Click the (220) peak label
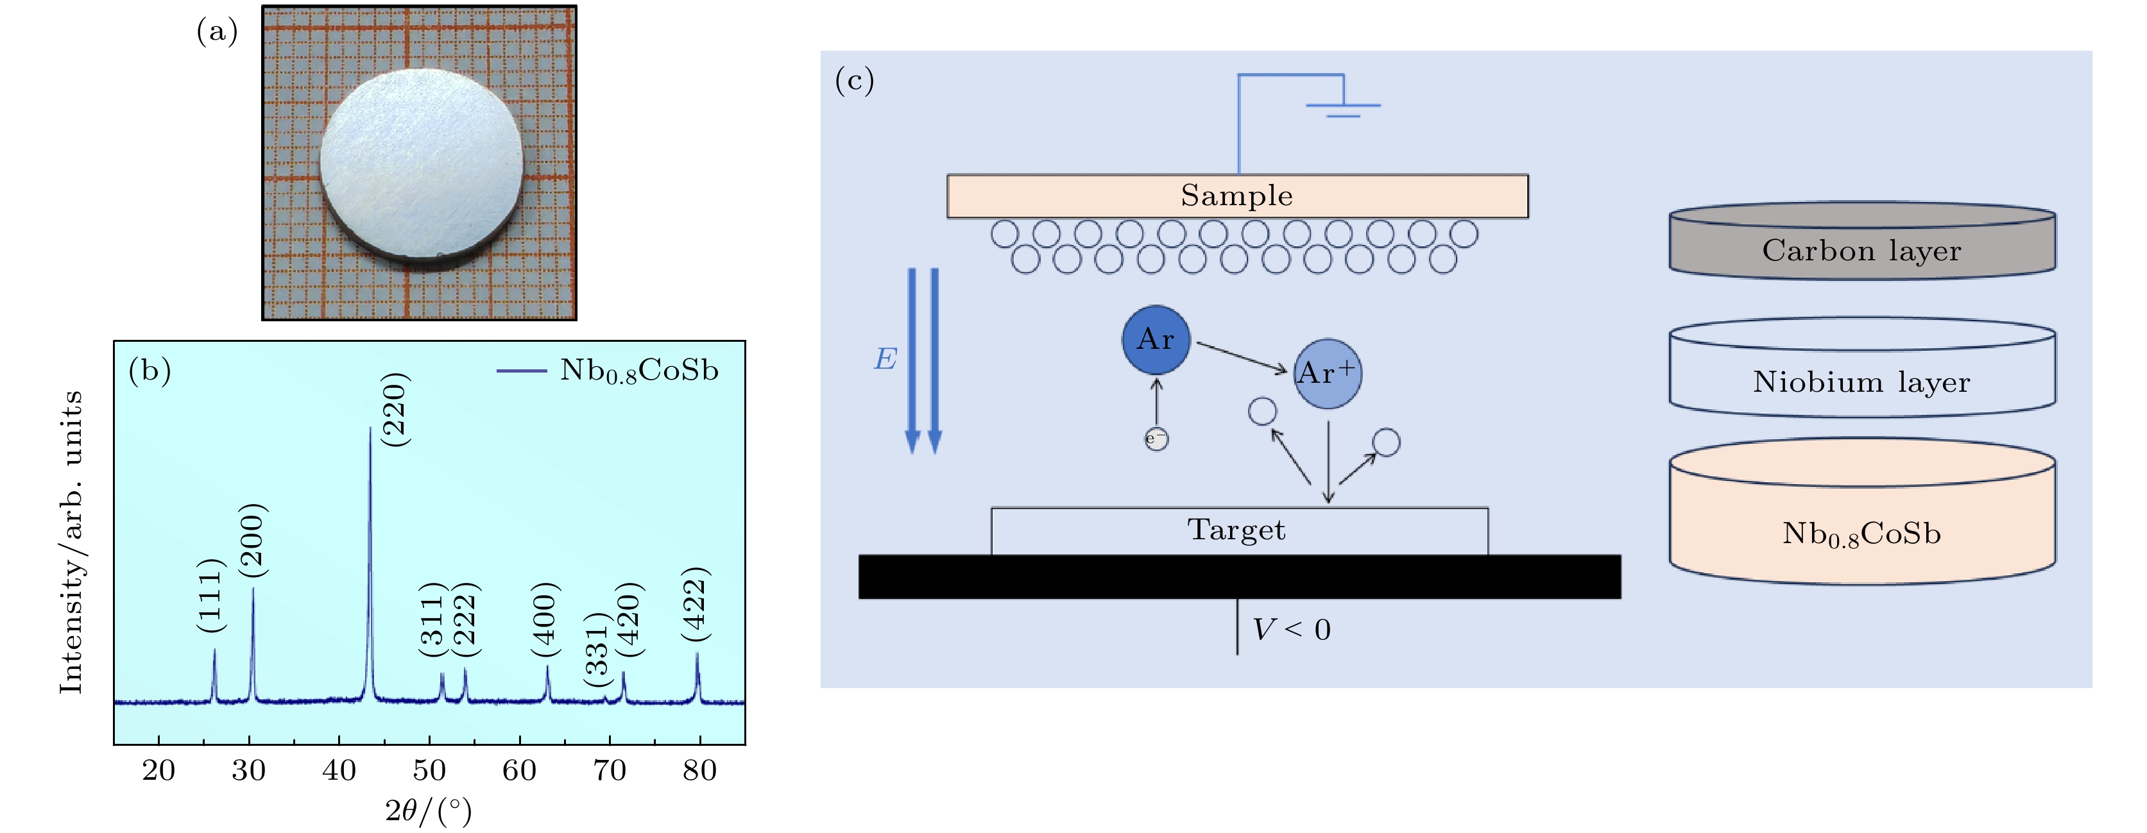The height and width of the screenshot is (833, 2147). [x=394, y=409]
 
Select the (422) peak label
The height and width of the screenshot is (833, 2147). [x=694, y=604]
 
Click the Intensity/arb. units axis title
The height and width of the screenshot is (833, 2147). [x=72, y=541]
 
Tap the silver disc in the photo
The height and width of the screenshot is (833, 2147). [x=421, y=167]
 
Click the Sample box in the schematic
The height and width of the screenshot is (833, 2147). [x=1237, y=196]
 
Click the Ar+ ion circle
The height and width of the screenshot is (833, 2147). [x=1328, y=373]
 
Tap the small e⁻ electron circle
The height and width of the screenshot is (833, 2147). [x=1156, y=439]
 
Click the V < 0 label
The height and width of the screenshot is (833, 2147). [x=1292, y=630]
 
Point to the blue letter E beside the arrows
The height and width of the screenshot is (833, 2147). [x=885, y=359]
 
